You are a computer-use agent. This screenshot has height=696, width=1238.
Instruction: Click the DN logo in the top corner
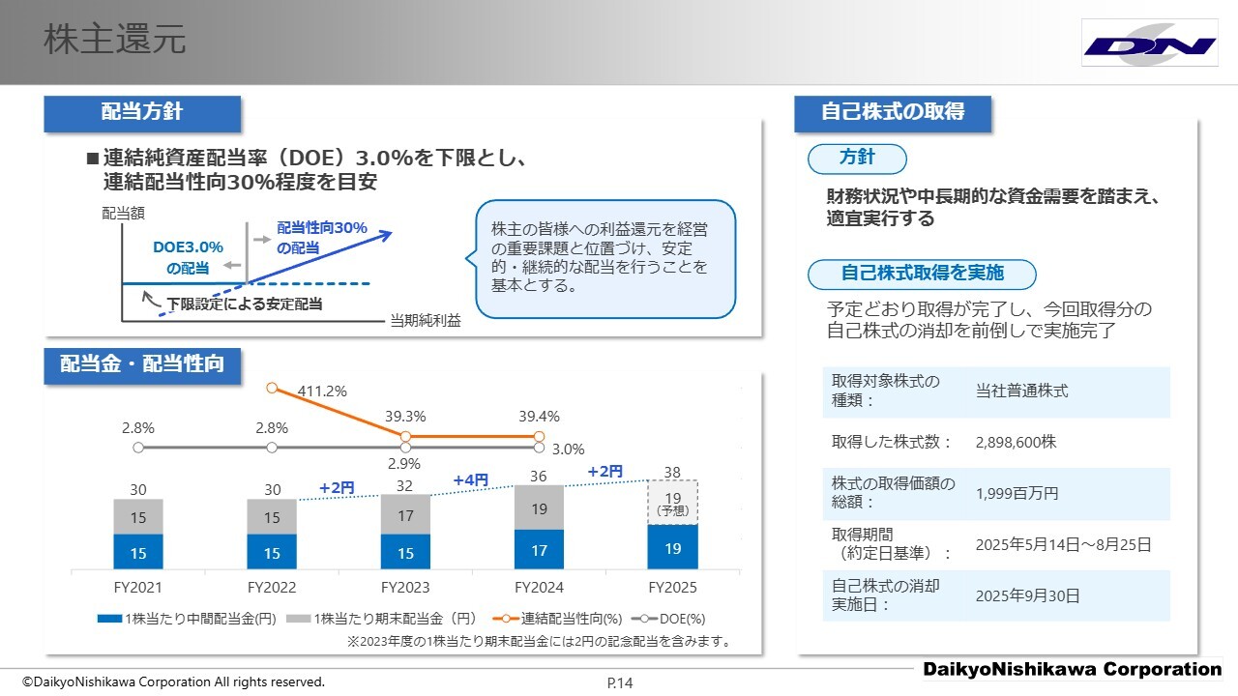(1149, 44)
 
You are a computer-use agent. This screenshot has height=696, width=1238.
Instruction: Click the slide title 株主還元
(115, 41)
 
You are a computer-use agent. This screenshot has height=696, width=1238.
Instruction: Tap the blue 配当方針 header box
(142, 112)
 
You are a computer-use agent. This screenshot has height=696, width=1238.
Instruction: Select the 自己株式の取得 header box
(892, 112)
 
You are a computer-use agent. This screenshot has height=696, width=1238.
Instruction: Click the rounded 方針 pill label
(857, 158)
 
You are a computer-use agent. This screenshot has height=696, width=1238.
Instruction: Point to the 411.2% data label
(322, 391)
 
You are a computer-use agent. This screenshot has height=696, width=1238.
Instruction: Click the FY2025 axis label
(672, 588)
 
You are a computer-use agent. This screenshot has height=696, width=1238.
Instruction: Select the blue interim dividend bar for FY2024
(539, 550)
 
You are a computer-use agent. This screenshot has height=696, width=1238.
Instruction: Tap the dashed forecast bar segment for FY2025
(672, 503)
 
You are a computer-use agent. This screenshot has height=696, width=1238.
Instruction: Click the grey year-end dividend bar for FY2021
(138, 517)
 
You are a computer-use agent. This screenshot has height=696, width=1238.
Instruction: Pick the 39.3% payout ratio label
(405, 416)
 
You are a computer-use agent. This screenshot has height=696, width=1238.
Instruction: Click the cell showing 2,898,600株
(1016, 442)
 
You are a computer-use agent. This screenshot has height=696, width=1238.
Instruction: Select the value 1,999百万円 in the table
(1017, 493)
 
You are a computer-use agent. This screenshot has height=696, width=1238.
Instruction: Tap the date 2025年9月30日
(1027, 595)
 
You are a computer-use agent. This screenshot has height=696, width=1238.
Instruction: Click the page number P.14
(620, 683)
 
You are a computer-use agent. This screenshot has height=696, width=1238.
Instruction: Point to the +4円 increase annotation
(471, 479)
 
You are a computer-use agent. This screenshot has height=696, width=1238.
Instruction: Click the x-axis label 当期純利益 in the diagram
(426, 322)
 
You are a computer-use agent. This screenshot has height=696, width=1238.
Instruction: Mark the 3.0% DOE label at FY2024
(568, 449)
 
